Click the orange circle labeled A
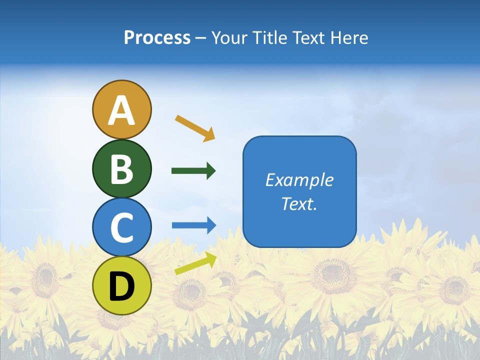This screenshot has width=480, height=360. click(121, 109)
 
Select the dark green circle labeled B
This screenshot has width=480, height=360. click(121, 168)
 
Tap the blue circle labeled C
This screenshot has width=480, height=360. click(121, 227)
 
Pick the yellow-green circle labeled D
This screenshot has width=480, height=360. click(121, 285)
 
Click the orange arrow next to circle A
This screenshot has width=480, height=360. click(194, 127)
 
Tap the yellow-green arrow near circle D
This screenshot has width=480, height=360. click(195, 263)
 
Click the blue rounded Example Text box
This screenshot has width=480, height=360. click(299, 191)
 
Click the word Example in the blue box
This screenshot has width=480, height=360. click(299, 180)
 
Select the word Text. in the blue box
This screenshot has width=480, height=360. click(299, 203)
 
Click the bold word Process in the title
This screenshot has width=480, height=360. click(157, 37)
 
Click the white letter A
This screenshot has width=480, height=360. click(121, 110)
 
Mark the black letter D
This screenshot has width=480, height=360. click(121, 286)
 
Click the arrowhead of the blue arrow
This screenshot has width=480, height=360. click(210, 225)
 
